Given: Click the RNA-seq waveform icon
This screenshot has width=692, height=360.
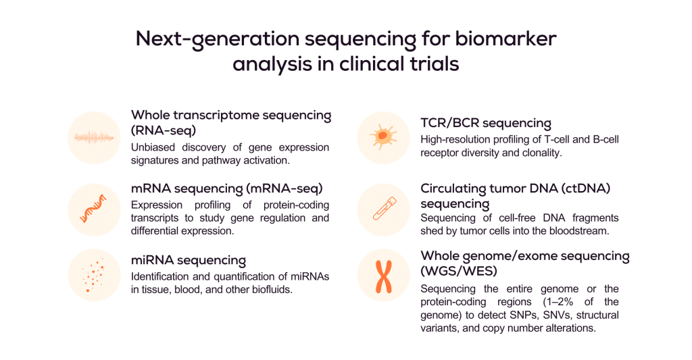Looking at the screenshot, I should point(94,138).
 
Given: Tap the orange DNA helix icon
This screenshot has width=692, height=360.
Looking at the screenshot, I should point(94,209).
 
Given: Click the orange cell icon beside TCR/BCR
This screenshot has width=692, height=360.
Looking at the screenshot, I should point(382,138).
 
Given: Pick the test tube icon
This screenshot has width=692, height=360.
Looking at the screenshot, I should point(382,209).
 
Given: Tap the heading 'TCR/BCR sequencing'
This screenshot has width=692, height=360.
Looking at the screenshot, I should point(485,123).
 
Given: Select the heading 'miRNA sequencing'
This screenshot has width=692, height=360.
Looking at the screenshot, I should point(188,260).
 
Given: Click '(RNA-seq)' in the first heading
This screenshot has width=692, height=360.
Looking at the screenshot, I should point(163,130).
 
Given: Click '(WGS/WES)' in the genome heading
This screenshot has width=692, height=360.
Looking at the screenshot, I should point(460,272).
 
